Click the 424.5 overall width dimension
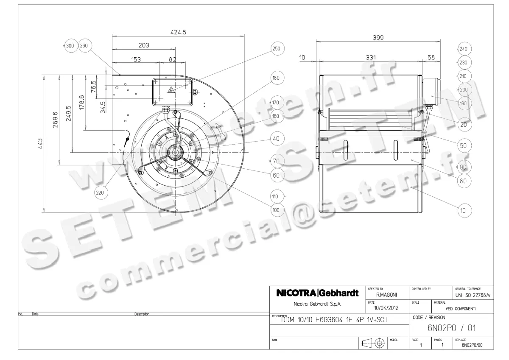click(x=178, y=32)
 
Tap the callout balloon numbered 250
click(x=277, y=49)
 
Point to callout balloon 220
click(x=100, y=193)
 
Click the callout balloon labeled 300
click(x=70, y=46)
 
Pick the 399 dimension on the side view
click(x=378, y=37)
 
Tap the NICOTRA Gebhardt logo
click(x=317, y=293)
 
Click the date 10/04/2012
click(x=386, y=309)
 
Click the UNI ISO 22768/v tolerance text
click(x=468, y=295)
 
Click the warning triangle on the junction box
click(x=171, y=89)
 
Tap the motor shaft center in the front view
click(x=175, y=151)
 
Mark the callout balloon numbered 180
click(x=277, y=78)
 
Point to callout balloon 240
click(x=463, y=49)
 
